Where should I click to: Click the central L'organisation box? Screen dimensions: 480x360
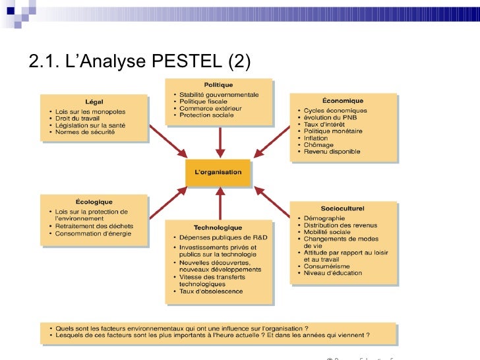[x=218, y=173]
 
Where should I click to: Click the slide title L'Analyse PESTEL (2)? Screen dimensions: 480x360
[x=140, y=63]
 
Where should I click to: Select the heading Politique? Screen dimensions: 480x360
[x=218, y=84]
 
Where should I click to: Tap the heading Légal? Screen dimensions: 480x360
[x=94, y=101]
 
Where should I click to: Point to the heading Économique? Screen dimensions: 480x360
[x=343, y=101]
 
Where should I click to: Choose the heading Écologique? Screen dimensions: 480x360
[x=94, y=202]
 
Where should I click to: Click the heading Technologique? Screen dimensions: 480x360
[x=218, y=228]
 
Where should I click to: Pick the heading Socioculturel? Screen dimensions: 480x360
[x=343, y=208]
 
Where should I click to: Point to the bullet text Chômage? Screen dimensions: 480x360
[x=318, y=144]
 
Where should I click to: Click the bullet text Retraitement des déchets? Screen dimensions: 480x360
[x=94, y=226]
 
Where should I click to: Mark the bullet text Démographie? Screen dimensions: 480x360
[x=324, y=218]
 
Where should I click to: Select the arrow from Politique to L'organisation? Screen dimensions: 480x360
[x=221, y=140]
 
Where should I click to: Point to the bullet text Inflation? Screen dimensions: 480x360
[x=316, y=138]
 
